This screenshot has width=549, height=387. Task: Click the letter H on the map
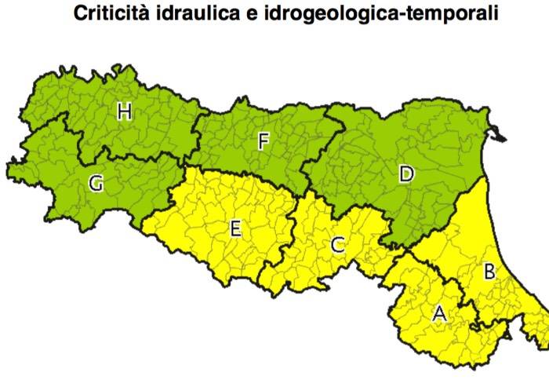124,112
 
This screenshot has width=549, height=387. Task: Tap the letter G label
96,184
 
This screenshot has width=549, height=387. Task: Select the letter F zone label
264,141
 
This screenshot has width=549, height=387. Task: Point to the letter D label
405,173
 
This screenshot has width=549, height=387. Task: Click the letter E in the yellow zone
235,229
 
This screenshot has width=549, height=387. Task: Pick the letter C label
337,245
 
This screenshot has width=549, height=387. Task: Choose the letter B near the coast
489,272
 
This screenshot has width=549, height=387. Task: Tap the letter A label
440,312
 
